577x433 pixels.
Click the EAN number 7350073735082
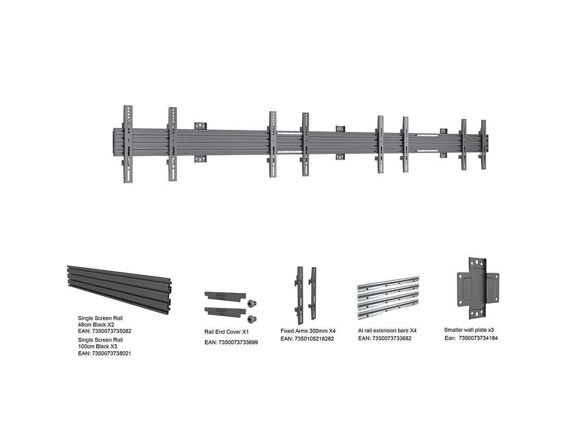click(x=111, y=331)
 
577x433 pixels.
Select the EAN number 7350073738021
click(x=111, y=354)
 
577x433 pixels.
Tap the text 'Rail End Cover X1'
click(x=226, y=332)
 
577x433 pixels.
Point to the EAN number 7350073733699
click(x=238, y=342)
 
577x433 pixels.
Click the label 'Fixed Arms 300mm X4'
click(x=308, y=331)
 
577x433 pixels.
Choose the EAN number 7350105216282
click(x=314, y=339)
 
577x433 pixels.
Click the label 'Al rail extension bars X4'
click(x=387, y=331)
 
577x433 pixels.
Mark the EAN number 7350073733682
click(x=392, y=338)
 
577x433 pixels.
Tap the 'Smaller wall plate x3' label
click(x=469, y=330)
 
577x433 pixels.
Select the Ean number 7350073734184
click(x=478, y=338)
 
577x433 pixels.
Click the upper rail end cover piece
click(x=226, y=296)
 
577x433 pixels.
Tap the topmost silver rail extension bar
click(x=388, y=283)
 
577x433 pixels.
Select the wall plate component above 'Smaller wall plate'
click(x=478, y=288)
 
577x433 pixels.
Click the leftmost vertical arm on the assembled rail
click(x=128, y=144)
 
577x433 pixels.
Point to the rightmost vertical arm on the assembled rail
click(x=484, y=145)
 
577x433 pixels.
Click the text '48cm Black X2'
click(x=96, y=325)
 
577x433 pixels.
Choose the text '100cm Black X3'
click(x=98, y=346)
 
